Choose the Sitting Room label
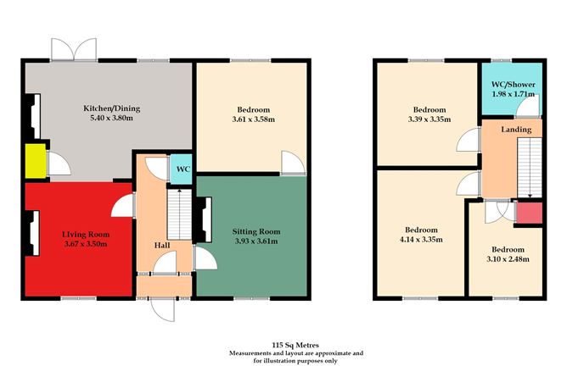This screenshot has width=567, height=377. click(255, 230)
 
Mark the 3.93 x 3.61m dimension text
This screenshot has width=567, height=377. click(255, 242)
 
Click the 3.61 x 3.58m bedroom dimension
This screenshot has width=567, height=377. click(254, 120)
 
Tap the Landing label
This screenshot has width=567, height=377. click(516, 130)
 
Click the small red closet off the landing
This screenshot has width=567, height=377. click(527, 213)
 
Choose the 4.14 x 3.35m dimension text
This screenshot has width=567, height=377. click(421, 241)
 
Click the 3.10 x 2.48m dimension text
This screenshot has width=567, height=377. click(507, 259)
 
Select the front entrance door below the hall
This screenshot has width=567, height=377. click(162, 311)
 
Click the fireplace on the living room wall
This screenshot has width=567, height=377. click(31, 230)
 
